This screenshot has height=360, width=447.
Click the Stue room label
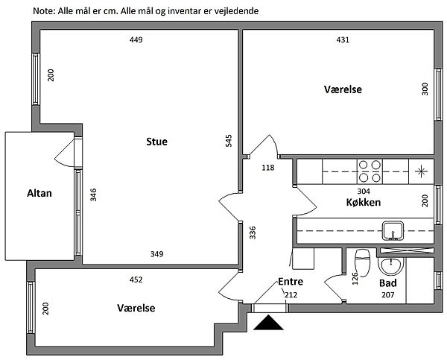pos(156,142)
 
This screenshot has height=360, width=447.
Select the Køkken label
pos(364,203)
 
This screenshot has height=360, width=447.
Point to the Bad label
pos(388,284)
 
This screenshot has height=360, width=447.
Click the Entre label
pos(290,282)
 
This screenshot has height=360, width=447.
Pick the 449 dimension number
pos(136,40)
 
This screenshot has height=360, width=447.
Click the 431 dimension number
pos(343,40)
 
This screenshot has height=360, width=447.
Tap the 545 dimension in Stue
pos(229,142)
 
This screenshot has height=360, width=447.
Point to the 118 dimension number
pos(268,168)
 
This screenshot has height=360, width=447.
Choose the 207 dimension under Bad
pos(387,296)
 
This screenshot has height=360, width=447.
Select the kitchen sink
pos(392,230)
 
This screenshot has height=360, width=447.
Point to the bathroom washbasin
pos(390,265)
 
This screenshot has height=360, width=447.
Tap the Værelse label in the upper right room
pos(343,89)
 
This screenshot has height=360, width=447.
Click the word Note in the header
pos(45,11)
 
